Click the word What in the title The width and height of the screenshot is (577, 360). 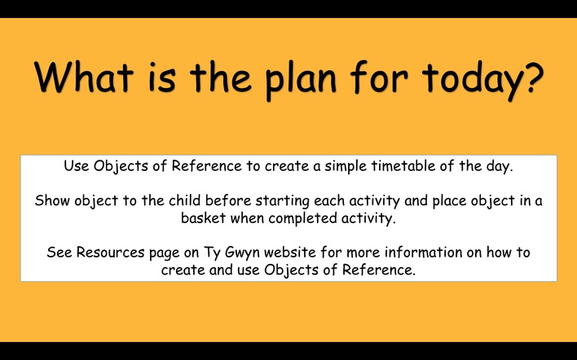pyautogui.click(x=83, y=77)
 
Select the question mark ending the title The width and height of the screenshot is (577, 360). pyautogui.click(x=532, y=77)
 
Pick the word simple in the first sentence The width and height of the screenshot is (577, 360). pyautogui.click(x=346, y=167)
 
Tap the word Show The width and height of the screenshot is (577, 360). pyautogui.click(x=53, y=201)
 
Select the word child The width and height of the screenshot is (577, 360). pyautogui.click(x=185, y=200)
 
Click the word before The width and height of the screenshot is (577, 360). pyautogui.click(x=228, y=201)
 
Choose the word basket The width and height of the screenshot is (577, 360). pyautogui.click(x=203, y=218)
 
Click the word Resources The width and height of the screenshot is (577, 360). pyautogui.click(x=110, y=252)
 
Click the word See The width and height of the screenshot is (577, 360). pyautogui.click(x=59, y=252)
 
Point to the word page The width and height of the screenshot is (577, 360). pyautogui.click(x=163, y=254)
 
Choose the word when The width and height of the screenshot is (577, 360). pyautogui.click(x=247, y=218)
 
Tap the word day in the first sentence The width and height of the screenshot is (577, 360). pyautogui.click(x=500, y=167)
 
